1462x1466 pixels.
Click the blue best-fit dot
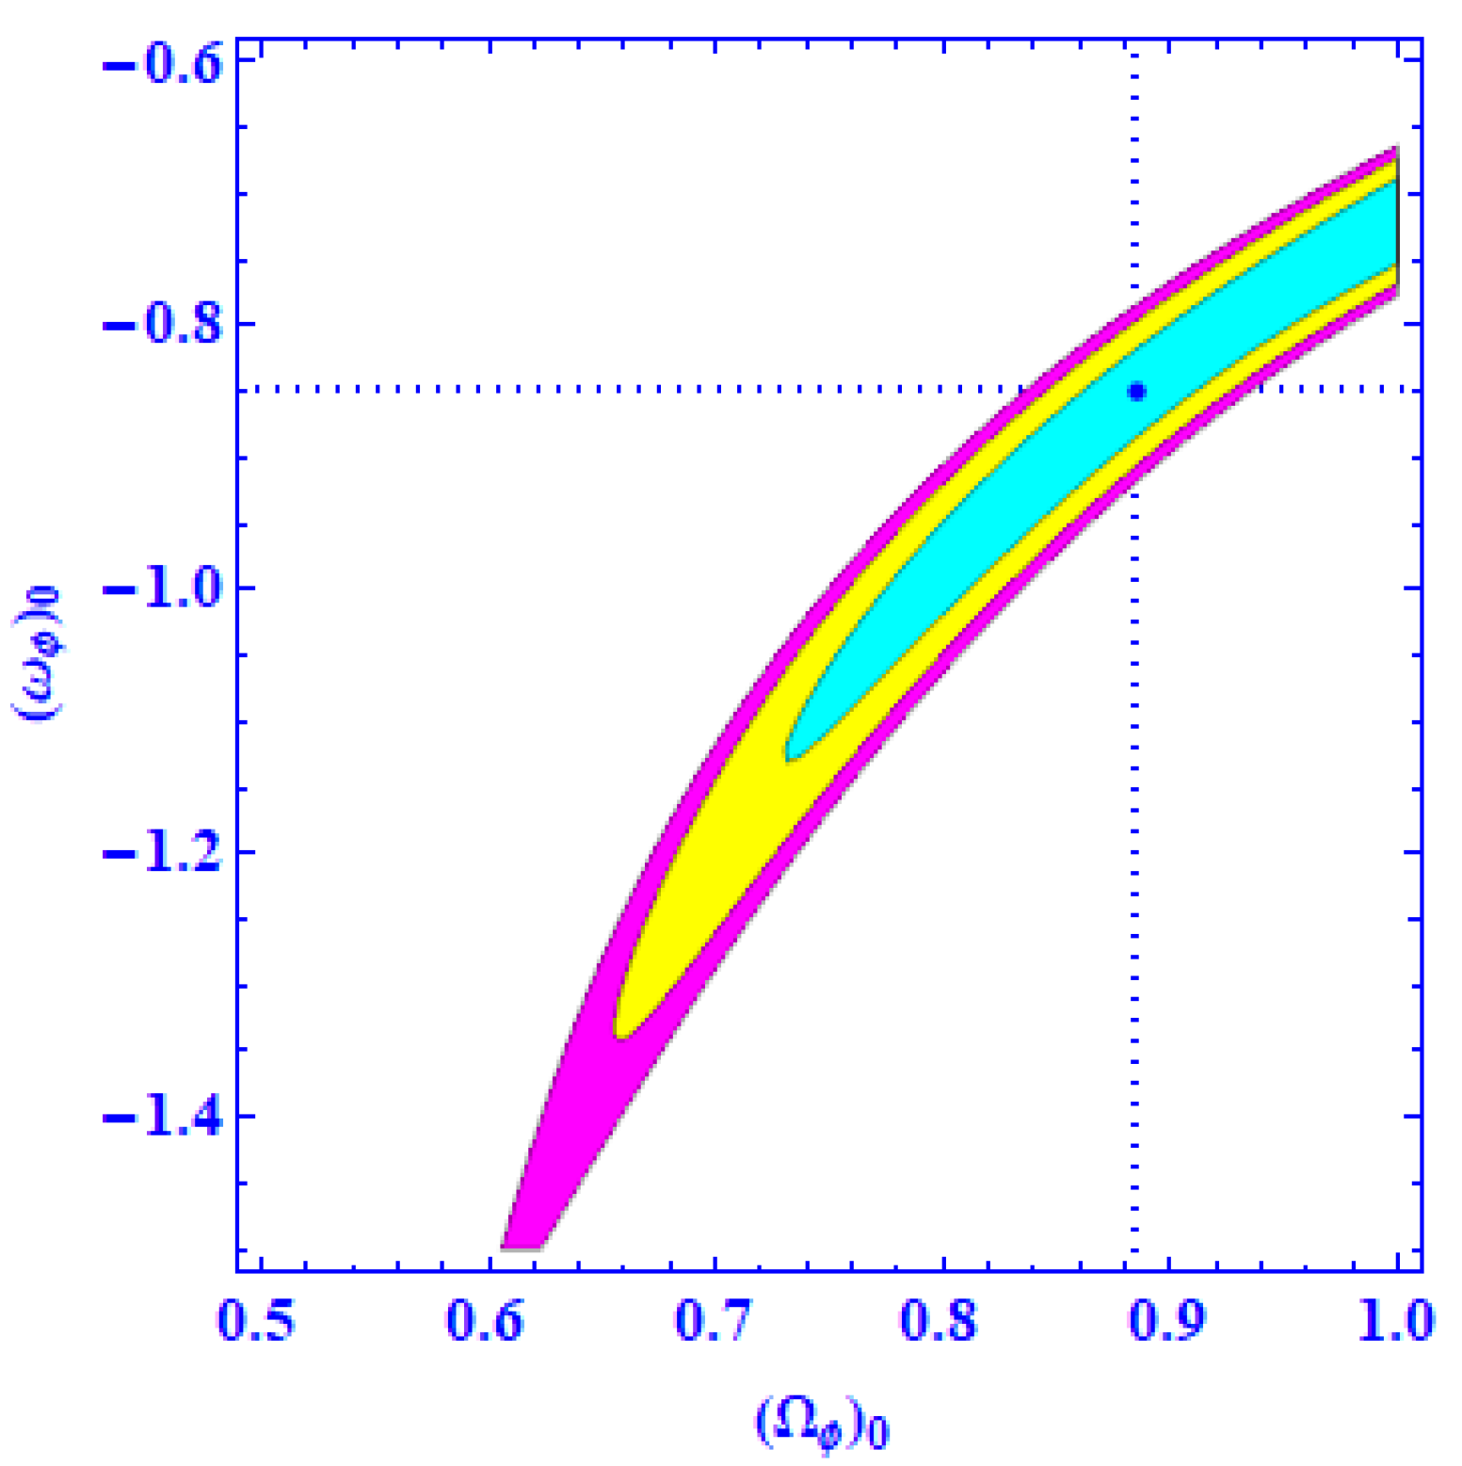1136,392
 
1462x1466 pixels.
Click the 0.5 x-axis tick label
256,1321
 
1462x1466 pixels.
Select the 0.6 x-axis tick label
485,1321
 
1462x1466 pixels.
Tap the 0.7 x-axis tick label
714,1321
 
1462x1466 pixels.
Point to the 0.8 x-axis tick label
940,1321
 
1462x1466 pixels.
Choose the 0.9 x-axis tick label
1167,1321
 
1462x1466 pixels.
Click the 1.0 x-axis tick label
1395,1321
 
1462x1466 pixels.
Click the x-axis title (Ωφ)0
822,1422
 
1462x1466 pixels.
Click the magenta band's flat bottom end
521,1246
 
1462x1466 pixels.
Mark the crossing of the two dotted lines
1134,389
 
